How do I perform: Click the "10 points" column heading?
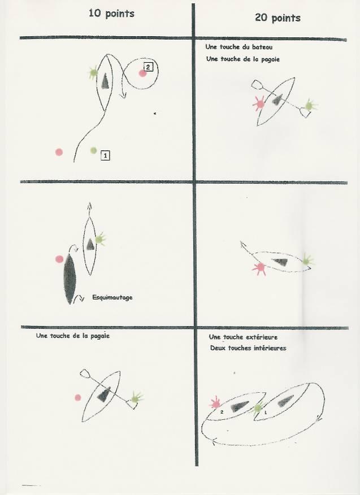(111, 14)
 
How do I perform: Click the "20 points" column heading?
(277, 18)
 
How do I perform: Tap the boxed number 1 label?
(105, 155)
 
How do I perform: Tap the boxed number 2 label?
(148, 67)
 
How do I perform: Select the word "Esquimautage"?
(112, 297)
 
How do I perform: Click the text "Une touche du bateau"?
(238, 47)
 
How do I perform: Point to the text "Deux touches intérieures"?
(248, 348)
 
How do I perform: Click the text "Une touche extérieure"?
(243, 337)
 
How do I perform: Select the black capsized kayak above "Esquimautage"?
(70, 279)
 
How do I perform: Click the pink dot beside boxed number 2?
(142, 73)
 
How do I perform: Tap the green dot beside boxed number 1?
(93, 150)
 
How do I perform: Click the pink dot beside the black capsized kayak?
(59, 259)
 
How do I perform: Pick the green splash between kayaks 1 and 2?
(258, 408)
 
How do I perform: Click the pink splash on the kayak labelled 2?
(216, 403)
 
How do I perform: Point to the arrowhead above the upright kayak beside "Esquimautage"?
(89, 206)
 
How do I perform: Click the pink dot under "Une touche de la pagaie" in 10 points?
(77, 397)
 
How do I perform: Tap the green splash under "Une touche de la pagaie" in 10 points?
(136, 398)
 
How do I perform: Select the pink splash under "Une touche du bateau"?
(259, 103)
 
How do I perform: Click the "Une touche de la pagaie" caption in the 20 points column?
(243, 59)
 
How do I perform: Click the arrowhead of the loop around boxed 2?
(124, 94)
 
